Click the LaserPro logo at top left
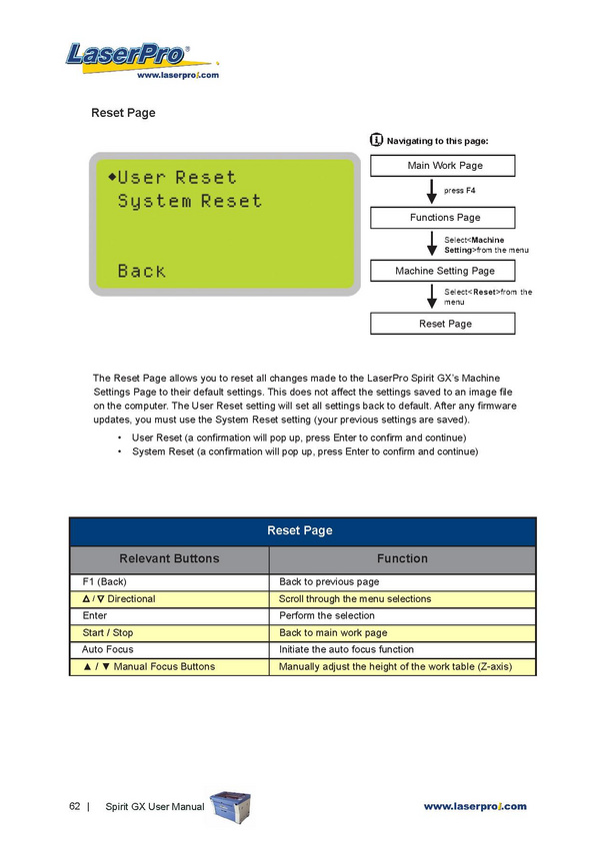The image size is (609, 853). [131, 58]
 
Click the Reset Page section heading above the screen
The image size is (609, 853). [123, 113]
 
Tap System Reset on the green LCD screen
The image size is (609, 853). [189, 201]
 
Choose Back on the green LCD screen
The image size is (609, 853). [141, 271]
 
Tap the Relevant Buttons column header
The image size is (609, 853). [169, 558]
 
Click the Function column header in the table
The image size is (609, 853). [402, 558]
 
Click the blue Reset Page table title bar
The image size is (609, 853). [303, 530]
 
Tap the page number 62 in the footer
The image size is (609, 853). [75, 806]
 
